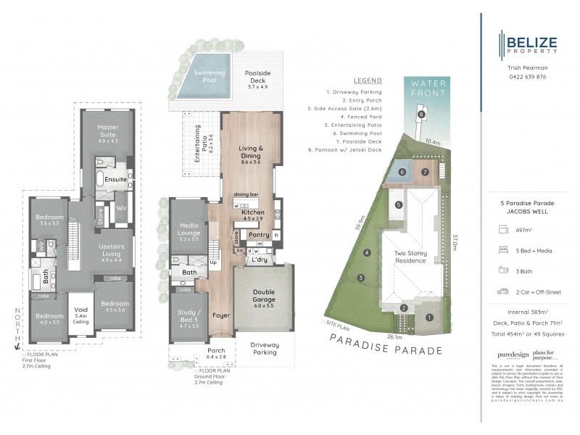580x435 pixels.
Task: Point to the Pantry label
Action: pyautogui.click(x=260, y=234)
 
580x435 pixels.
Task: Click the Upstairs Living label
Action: pyautogui.click(x=114, y=251)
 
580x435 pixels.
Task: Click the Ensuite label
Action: pyautogui.click(x=115, y=178)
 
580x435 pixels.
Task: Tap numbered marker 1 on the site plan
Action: pyautogui.click(x=429, y=317)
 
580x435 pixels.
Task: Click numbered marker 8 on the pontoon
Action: pyautogui.click(x=420, y=115)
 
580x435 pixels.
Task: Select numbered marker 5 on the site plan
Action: pyautogui.click(x=398, y=205)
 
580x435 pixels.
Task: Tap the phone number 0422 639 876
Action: pyautogui.click(x=527, y=76)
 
